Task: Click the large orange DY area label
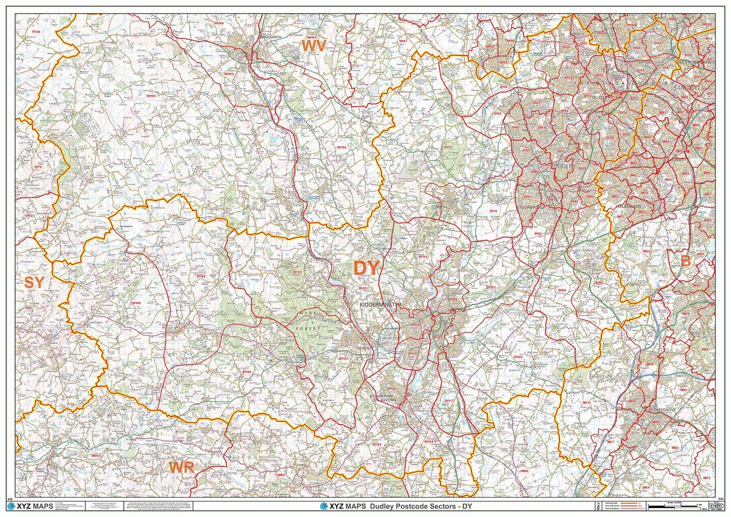tap(366, 269)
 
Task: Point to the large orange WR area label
tap(182, 467)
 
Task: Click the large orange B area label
tap(685, 261)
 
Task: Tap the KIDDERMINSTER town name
tap(380, 305)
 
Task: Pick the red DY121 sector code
tap(363, 288)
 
